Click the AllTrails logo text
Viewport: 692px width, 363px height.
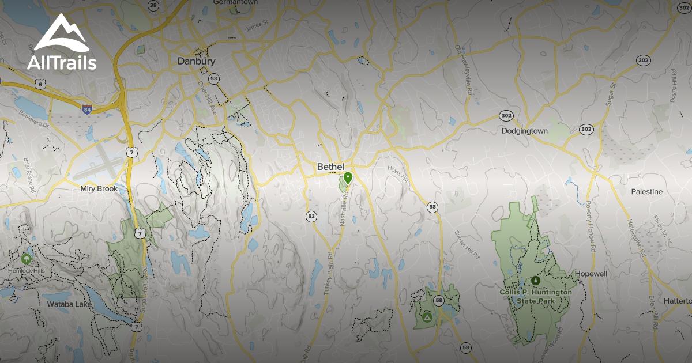click(x=62, y=62)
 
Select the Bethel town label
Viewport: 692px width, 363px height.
click(x=330, y=167)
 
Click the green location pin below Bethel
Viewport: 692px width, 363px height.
click(x=347, y=177)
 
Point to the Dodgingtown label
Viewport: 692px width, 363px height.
click(x=524, y=131)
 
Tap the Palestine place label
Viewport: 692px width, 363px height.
click(x=646, y=191)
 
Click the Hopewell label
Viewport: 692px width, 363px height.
click(x=591, y=274)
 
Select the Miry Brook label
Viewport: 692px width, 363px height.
click(x=99, y=188)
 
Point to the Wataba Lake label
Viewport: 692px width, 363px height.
click(x=69, y=303)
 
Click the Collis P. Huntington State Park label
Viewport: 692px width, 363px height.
click(x=536, y=297)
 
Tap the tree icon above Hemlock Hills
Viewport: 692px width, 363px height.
click(x=26, y=259)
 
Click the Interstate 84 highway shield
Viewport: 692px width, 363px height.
click(x=87, y=109)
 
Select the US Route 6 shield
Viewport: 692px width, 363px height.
click(x=39, y=84)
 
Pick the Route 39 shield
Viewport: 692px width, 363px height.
click(x=153, y=5)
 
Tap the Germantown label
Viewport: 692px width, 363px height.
click(x=234, y=2)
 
